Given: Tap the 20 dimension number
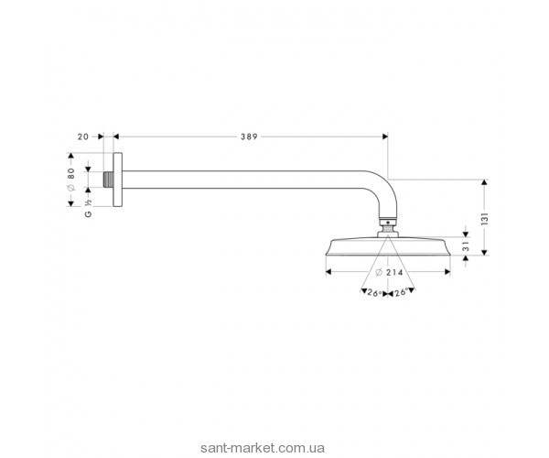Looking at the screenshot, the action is tap(82, 136).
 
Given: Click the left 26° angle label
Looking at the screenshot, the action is tap(372, 293).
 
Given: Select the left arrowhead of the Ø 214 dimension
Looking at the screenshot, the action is tap(329, 272).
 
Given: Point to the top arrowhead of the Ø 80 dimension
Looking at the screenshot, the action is tap(89, 166).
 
